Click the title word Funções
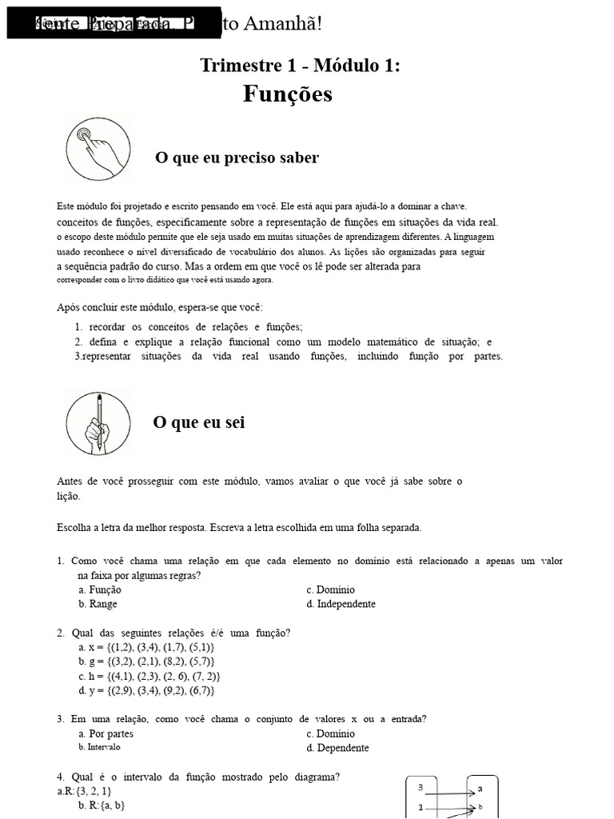(288, 94)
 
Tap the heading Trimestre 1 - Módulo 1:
(300, 66)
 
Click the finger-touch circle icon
(97, 148)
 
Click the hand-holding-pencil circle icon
(97, 424)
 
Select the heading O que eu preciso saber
(237, 158)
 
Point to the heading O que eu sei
(199, 422)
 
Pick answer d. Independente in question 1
(341, 604)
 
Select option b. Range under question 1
(98, 604)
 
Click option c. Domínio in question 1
(330, 589)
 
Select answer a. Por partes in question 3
(106, 733)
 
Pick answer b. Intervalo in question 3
(99, 747)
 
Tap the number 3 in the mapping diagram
(421, 788)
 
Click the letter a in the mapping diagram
(480, 789)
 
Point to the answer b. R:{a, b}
(102, 805)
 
